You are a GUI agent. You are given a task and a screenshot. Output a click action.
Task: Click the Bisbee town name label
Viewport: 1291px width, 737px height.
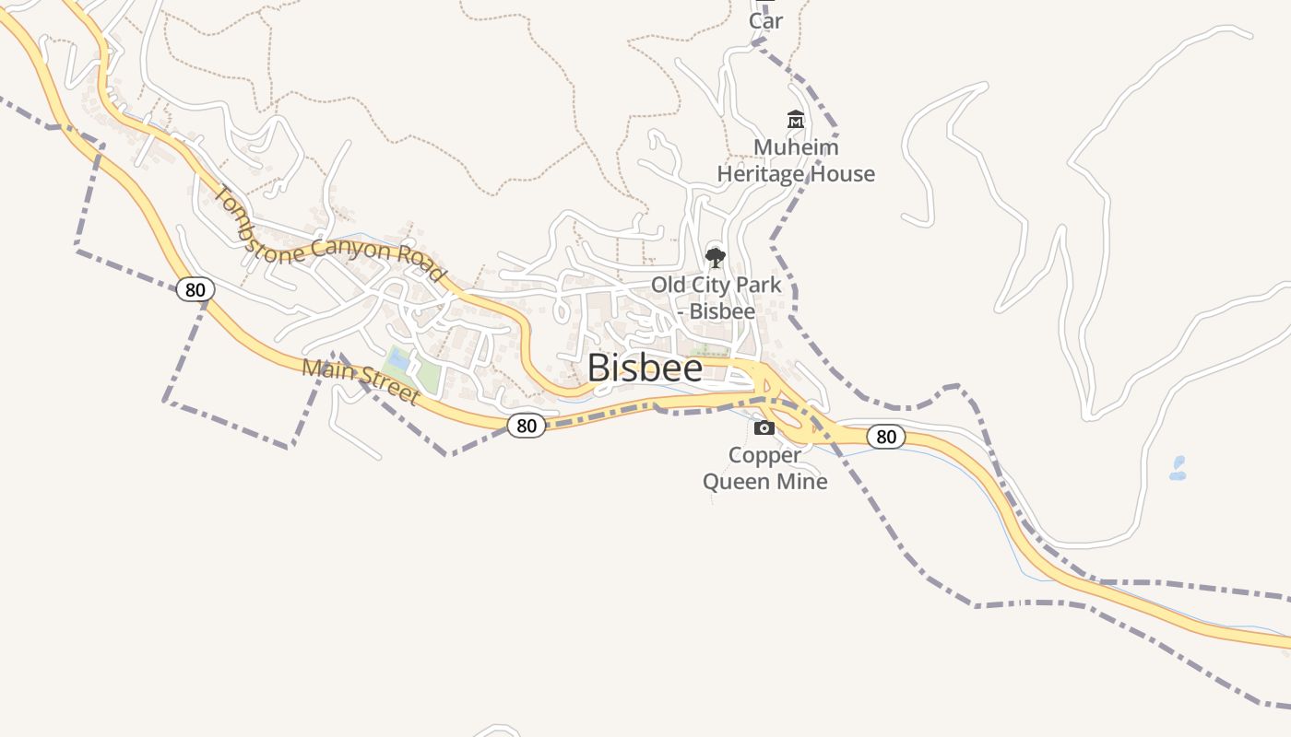[645, 368]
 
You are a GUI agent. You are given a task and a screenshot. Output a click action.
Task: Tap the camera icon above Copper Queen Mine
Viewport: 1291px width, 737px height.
[764, 427]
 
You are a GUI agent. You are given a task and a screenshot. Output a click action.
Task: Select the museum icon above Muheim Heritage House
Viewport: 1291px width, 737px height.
[796, 120]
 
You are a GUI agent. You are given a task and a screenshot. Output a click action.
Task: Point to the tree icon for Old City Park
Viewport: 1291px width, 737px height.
[716, 258]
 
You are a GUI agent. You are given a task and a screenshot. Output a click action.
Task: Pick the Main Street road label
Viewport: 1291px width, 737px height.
[361, 380]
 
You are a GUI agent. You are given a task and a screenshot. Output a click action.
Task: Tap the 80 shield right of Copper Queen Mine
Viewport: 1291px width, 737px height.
[885, 437]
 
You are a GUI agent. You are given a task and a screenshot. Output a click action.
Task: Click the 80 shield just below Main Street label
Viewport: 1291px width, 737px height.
[526, 426]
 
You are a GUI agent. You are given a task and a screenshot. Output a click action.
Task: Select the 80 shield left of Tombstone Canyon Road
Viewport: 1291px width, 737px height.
[195, 289]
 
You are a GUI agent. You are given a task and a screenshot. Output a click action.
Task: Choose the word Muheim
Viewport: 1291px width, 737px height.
[796, 147]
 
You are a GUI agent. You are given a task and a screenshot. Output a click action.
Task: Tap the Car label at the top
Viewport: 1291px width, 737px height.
[765, 20]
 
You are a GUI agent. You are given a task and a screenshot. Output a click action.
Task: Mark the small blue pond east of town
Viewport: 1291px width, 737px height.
[1178, 468]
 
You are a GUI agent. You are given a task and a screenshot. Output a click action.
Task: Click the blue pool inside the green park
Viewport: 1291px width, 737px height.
[399, 360]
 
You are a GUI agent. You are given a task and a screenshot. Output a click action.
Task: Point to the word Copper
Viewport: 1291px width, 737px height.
[764, 455]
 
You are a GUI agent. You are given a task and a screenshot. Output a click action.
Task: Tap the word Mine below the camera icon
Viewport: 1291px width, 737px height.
[805, 481]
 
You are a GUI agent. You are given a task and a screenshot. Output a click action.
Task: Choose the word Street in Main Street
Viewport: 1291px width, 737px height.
[390, 390]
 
